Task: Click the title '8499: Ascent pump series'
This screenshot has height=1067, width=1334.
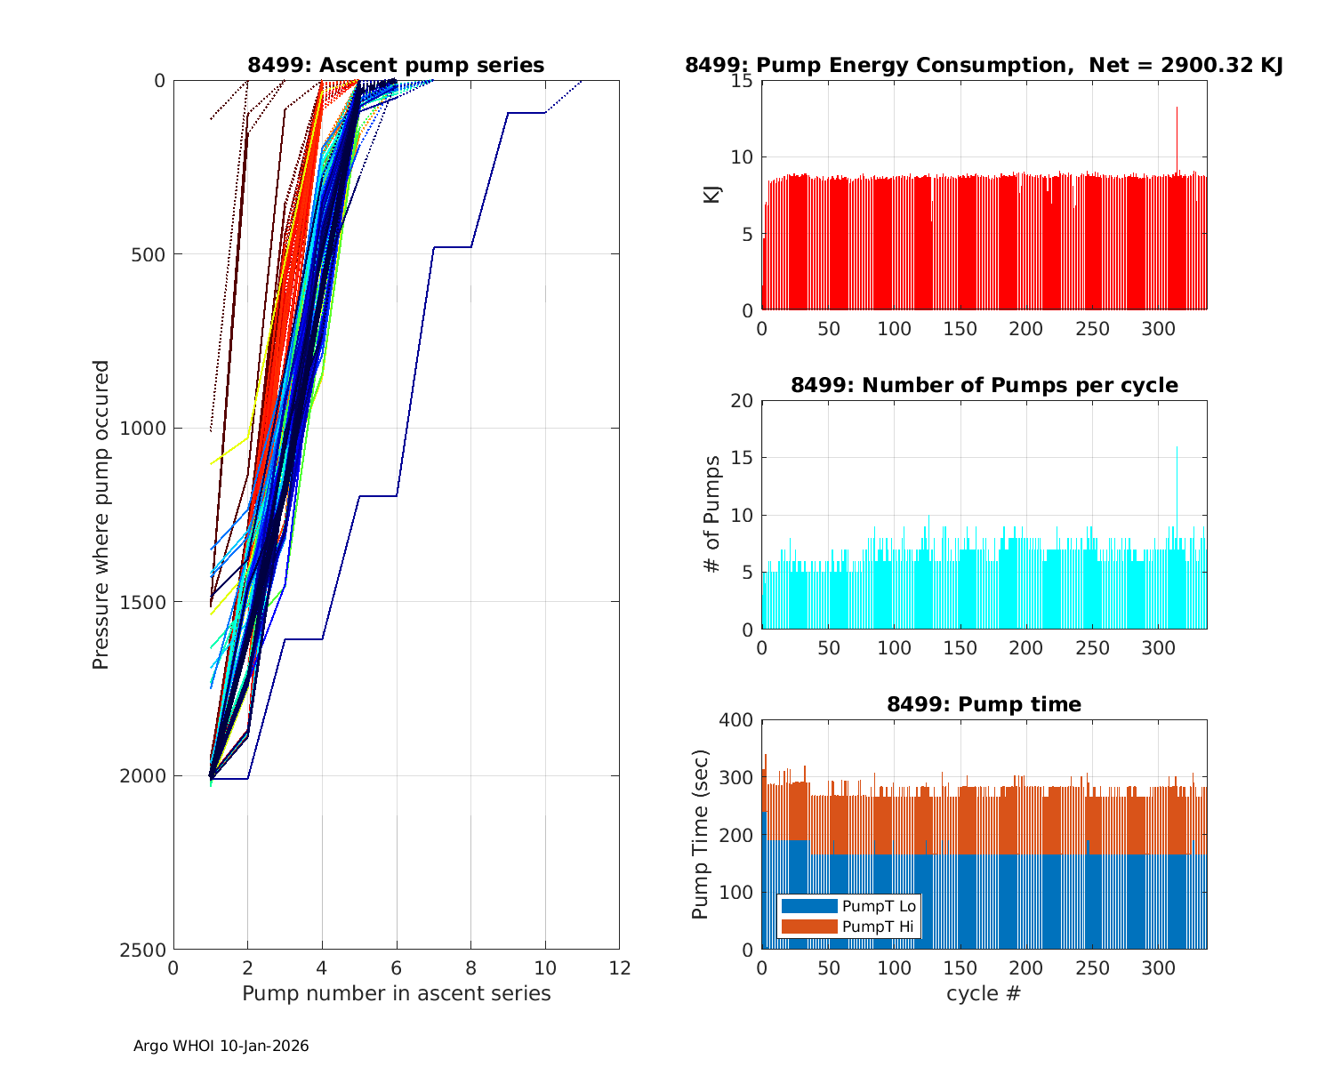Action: tap(396, 65)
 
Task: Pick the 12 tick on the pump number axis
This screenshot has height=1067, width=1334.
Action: tap(619, 968)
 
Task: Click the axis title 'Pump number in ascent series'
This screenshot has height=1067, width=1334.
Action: tap(396, 993)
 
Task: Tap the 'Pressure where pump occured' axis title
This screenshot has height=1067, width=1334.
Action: tap(101, 515)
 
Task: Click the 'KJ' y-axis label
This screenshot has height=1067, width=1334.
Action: tap(712, 195)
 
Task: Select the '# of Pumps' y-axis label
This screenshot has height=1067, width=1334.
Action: tap(712, 515)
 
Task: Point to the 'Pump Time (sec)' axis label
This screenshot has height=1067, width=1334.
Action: tap(701, 835)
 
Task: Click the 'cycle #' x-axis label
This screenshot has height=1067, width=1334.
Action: tap(984, 993)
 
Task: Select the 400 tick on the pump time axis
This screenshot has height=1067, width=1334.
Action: tap(736, 720)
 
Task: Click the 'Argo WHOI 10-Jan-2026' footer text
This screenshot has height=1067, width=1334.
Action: tap(221, 1047)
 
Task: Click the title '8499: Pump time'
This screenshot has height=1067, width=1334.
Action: tap(984, 705)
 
